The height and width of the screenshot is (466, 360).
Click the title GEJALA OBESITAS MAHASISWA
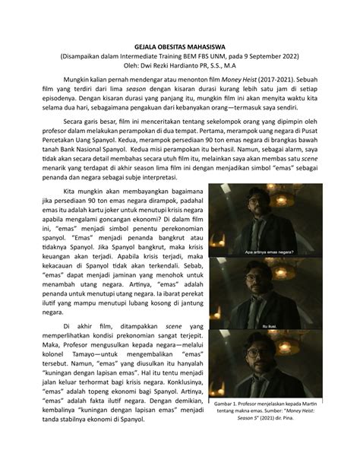pyautogui.click(x=180, y=45)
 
